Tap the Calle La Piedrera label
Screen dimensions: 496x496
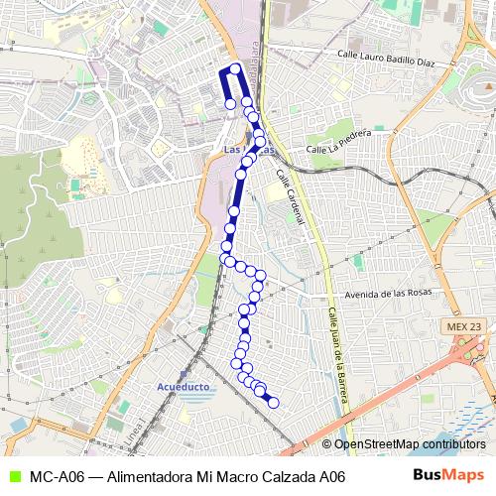pos(338,140)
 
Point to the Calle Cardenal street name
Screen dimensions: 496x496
pos(289,193)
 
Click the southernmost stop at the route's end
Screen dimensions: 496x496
pos(273,402)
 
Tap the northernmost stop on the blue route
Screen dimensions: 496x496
pos(235,69)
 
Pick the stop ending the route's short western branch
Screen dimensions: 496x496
pos(230,103)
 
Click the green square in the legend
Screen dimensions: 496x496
pos(12,477)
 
